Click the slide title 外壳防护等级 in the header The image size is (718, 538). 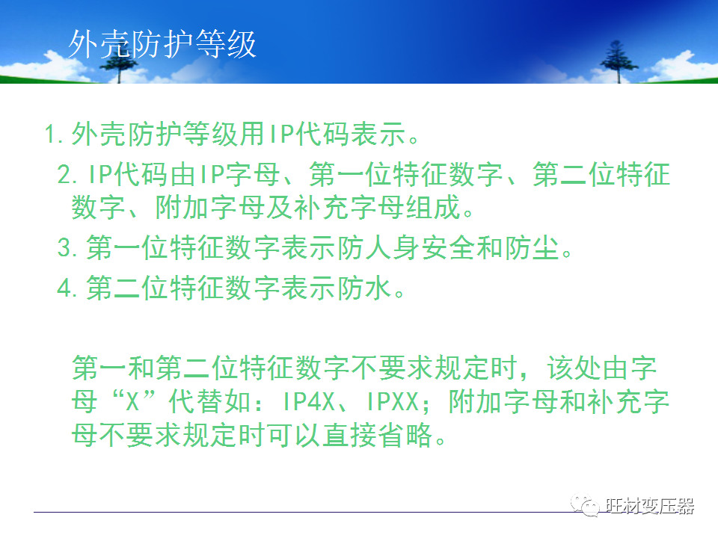point(162,45)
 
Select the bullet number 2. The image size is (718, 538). point(67,176)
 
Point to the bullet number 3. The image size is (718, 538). point(67,248)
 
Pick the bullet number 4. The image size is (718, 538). point(67,288)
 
